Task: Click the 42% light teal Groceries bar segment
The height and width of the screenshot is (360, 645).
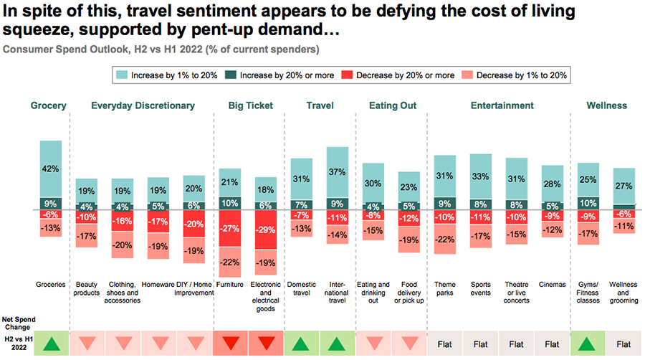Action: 50,169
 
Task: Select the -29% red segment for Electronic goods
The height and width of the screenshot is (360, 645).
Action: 265,229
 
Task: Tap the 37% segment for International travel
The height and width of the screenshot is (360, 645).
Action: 337,172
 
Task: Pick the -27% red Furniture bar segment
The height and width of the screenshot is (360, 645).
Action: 230,228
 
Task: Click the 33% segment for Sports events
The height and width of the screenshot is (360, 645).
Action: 480,176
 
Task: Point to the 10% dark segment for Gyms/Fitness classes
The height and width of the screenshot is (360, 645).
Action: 588,203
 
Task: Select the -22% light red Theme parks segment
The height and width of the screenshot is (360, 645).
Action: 445,240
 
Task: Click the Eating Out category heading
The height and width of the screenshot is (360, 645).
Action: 392,105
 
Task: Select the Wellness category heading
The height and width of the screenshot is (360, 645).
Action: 606,105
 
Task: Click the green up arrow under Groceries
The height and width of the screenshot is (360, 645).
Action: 50,344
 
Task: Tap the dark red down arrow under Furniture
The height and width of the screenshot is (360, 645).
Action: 230,344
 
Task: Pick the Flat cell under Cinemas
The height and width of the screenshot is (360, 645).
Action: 552,344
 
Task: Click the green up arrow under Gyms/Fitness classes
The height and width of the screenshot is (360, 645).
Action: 588,344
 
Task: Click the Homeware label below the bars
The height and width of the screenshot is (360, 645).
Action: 158,284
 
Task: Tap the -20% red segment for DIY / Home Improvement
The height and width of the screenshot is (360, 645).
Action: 194,224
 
